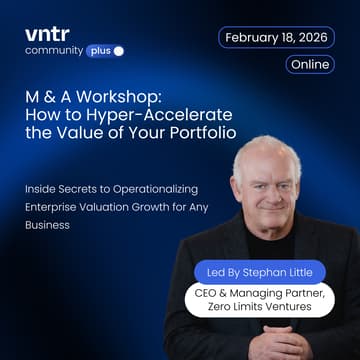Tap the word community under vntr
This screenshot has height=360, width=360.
pyautogui.click(x=53, y=50)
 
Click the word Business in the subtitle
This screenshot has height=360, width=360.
pyautogui.click(x=48, y=225)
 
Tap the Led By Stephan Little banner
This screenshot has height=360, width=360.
pyautogui.click(x=260, y=271)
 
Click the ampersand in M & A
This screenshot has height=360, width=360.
pyautogui.click(x=50, y=102)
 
